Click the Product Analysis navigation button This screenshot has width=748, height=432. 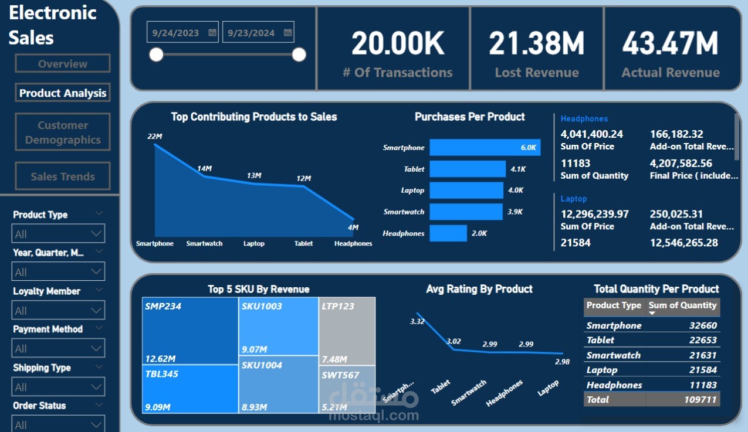[x=63, y=93]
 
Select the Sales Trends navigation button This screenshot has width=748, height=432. [x=63, y=176]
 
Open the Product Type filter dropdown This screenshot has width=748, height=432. [x=58, y=234]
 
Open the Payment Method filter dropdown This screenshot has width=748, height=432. [x=58, y=348]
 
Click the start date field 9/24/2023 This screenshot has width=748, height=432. [x=176, y=33]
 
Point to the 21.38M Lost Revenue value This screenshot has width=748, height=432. [x=536, y=43]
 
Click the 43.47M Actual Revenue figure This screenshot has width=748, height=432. [x=671, y=43]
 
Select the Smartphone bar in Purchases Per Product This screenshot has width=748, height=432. [x=485, y=148]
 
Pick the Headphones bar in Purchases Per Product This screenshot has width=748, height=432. [x=448, y=233]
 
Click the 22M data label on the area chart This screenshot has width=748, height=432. [x=154, y=137]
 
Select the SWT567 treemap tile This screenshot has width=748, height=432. [x=347, y=389]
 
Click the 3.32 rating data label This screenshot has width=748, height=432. [x=417, y=321]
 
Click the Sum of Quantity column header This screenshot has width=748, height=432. [x=682, y=305]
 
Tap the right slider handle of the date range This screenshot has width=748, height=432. [x=299, y=55]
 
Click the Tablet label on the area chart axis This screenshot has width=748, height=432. [x=303, y=243]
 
